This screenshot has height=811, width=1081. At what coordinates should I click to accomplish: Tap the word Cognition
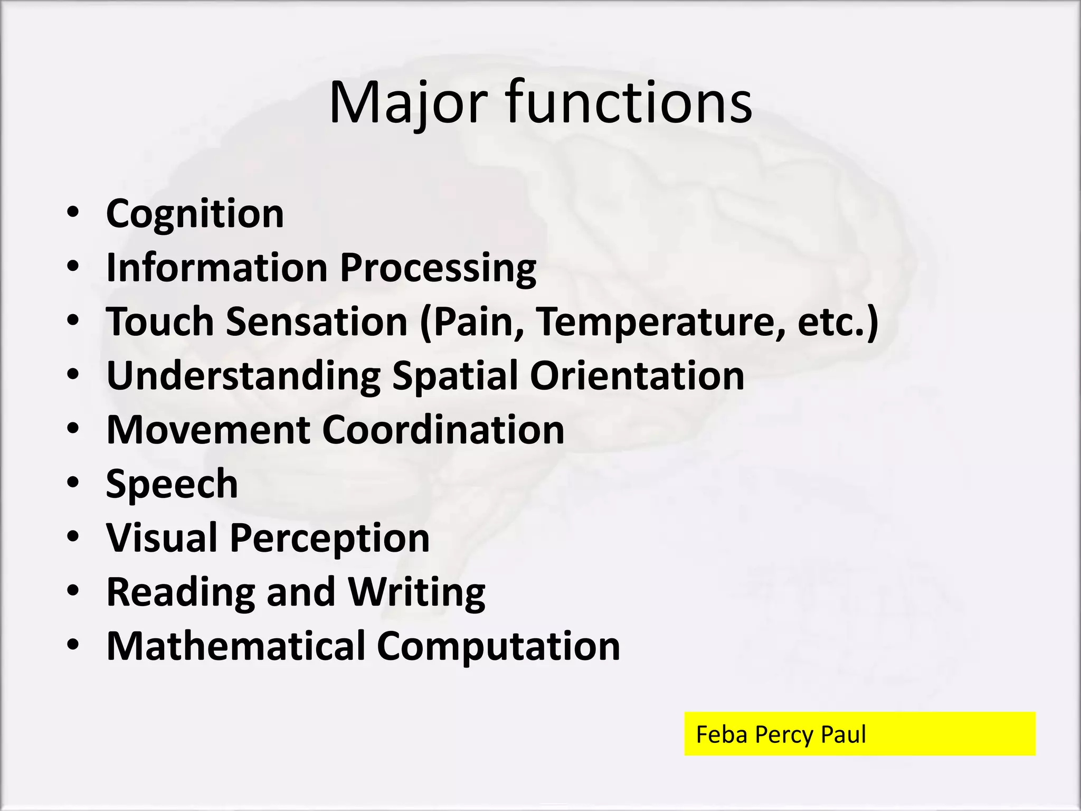click(x=195, y=214)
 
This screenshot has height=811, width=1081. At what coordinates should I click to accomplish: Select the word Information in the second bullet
click(x=217, y=268)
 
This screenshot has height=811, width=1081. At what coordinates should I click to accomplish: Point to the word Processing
click(x=438, y=269)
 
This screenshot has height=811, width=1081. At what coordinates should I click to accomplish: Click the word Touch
click(x=160, y=322)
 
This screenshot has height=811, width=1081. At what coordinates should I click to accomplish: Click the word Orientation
click(x=637, y=376)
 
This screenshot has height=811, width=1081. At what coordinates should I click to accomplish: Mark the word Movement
click(x=208, y=430)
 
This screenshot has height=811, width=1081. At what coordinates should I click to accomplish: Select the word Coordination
click(x=443, y=430)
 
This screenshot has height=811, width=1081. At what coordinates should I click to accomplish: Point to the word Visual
click(x=162, y=538)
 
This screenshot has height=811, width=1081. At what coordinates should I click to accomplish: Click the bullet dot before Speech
click(x=73, y=483)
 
